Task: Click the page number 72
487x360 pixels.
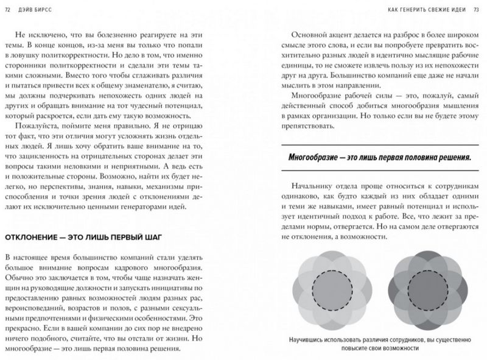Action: click(7, 8)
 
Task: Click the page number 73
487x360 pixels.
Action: click(478, 8)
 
